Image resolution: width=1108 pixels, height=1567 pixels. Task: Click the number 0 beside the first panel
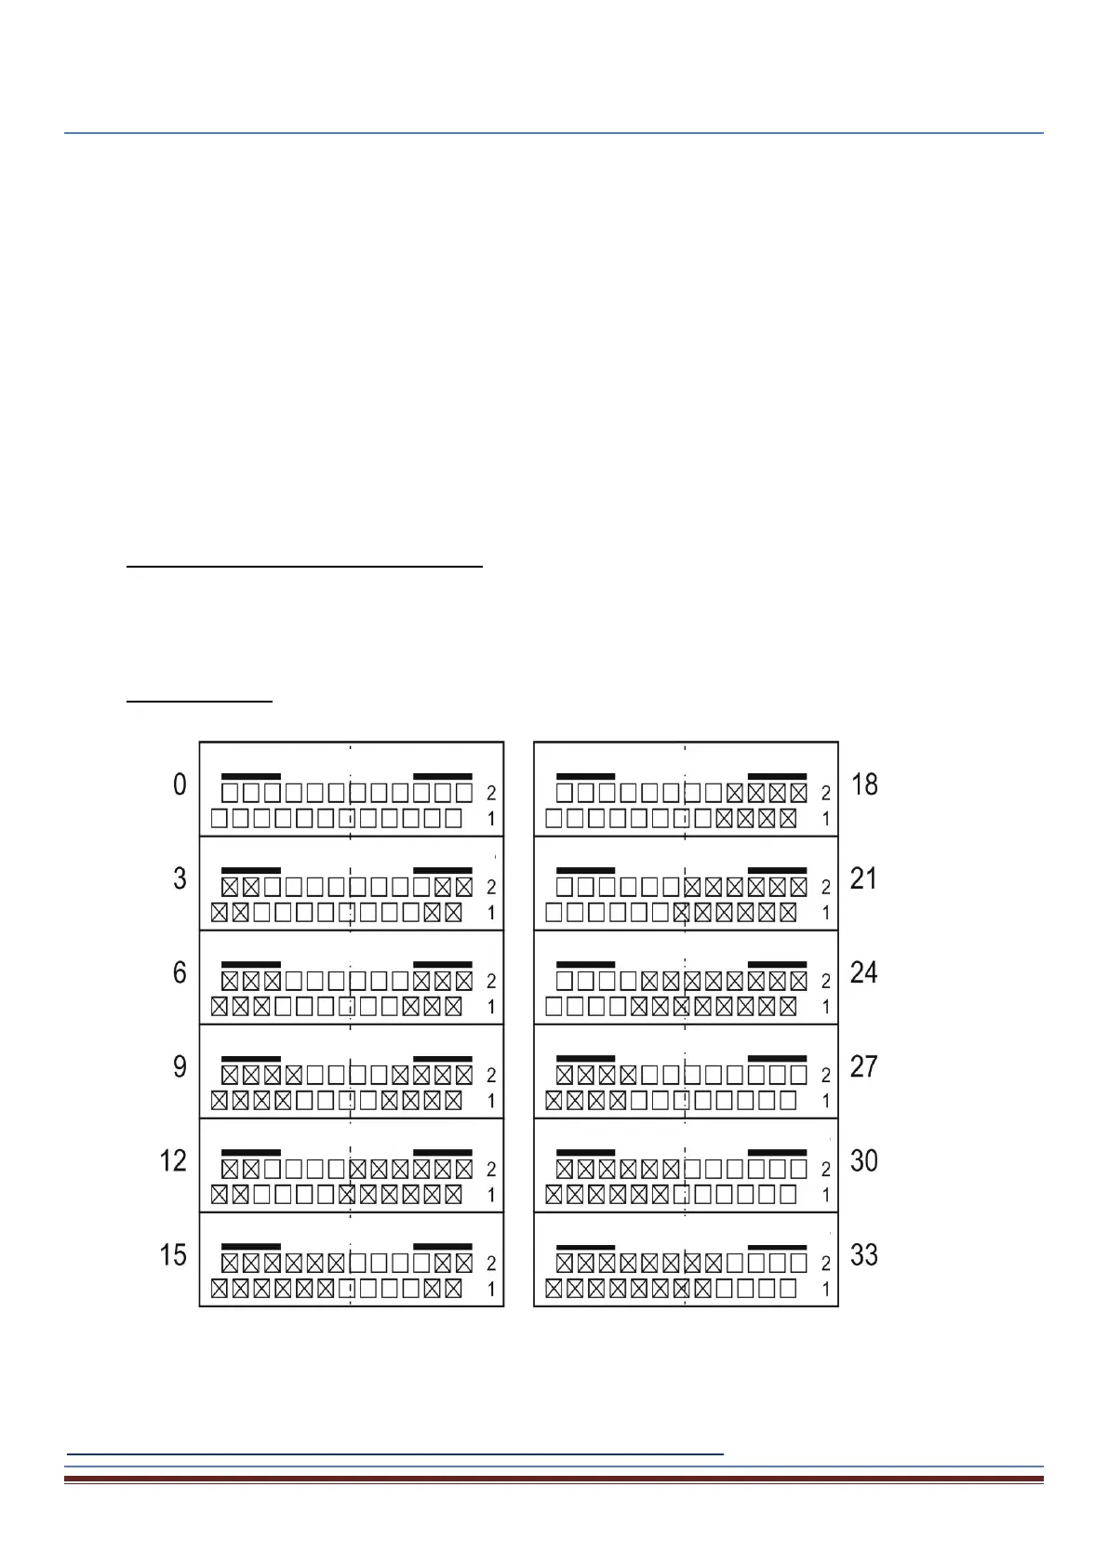click(x=180, y=785)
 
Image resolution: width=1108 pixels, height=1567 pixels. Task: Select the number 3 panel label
click(x=180, y=879)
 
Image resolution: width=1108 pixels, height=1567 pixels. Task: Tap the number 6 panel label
click(x=180, y=973)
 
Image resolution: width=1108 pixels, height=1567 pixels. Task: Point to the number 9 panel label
click(x=180, y=1067)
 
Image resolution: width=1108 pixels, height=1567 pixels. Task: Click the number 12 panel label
click(x=174, y=1161)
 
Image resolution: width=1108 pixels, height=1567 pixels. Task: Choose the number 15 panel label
click(x=174, y=1255)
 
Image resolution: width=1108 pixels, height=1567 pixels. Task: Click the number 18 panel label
click(x=864, y=785)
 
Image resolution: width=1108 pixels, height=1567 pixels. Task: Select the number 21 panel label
click(x=864, y=879)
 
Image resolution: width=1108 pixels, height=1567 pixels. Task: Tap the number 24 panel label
click(x=864, y=973)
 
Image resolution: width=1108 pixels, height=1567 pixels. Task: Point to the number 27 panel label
click(x=864, y=1067)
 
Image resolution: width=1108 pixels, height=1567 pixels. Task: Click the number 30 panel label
click(x=864, y=1161)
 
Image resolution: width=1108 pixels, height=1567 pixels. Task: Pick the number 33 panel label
click(x=864, y=1255)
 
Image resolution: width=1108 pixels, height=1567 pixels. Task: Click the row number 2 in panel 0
click(x=491, y=794)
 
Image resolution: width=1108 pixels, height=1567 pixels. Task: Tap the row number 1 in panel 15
click(x=491, y=1291)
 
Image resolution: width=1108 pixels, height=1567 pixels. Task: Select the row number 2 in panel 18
click(x=825, y=794)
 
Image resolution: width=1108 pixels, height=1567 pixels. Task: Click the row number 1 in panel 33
click(x=825, y=1291)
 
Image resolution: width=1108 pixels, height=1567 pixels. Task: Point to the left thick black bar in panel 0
click(x=250, y=776)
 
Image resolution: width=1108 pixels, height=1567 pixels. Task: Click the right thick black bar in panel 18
click(x=777, y=776)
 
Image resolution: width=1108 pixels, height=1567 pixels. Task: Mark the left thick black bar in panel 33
click(x=585, y=1246)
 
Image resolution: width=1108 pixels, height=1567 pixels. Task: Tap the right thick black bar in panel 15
click(x=442, y=1246)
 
